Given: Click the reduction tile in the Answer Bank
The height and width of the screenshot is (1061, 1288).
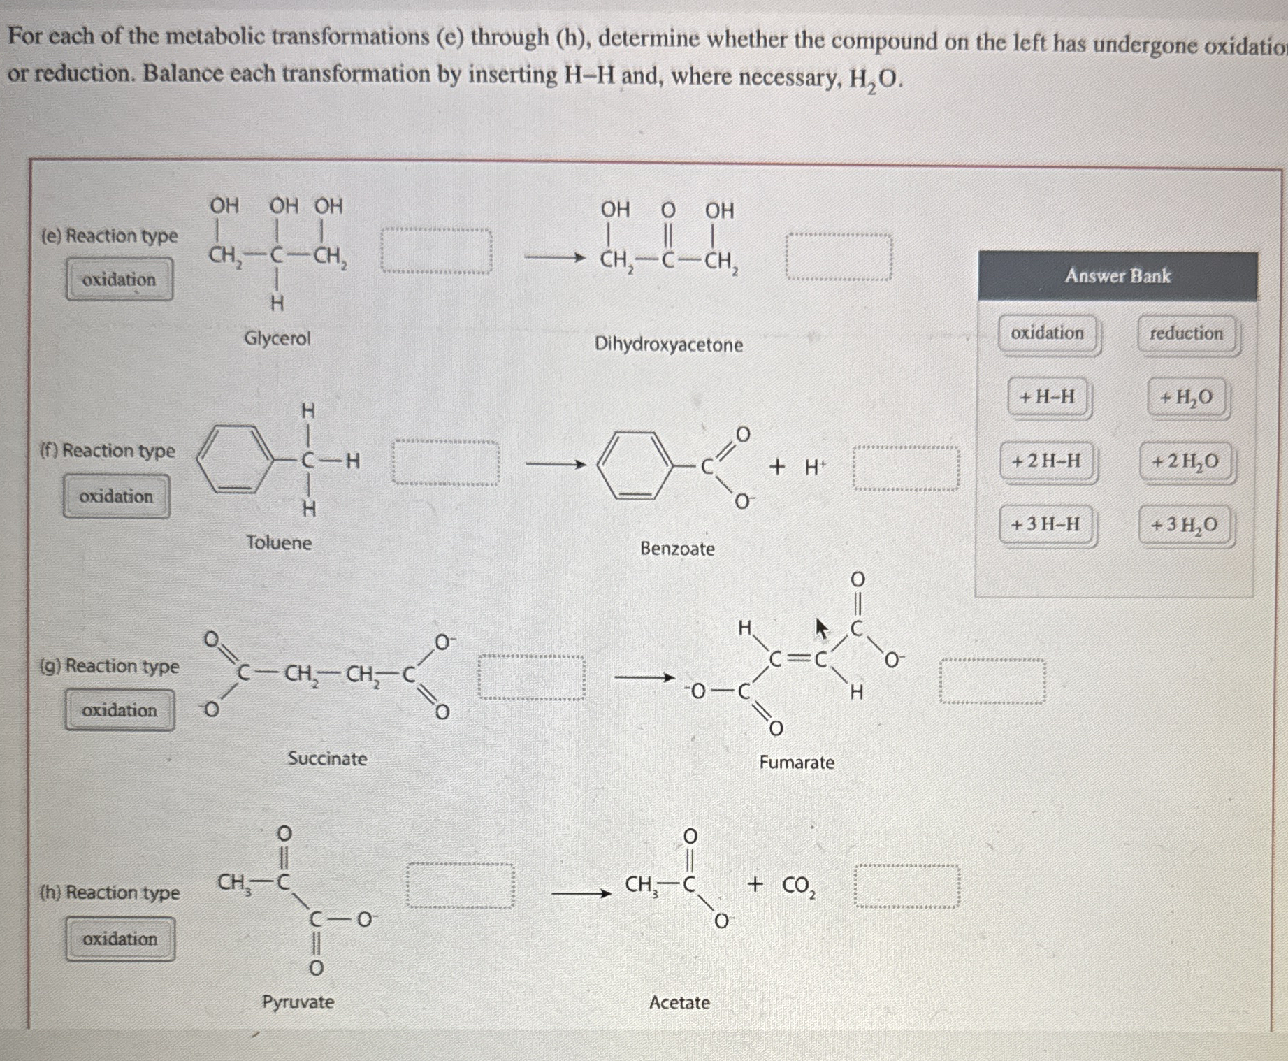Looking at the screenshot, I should click(x=1187, y=334).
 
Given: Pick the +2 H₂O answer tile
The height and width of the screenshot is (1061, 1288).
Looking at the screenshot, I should click(x=1185, y=461).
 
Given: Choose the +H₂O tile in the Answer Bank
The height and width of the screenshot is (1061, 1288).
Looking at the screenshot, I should click(x=1187, y=398).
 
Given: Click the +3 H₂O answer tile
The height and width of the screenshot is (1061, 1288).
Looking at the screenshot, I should click(x=1185, y=525).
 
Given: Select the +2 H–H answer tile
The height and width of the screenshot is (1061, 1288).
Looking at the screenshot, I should click(x=1046, y=461).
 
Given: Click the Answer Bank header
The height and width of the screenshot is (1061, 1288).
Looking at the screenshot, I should click(x=1117, y=276).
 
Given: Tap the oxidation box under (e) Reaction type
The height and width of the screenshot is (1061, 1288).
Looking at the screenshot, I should click(x=120, y=280).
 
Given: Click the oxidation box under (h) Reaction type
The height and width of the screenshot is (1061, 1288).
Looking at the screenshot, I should click(x=120, y=939).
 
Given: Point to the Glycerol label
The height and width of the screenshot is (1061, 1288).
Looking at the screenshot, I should click(x=277, y=339).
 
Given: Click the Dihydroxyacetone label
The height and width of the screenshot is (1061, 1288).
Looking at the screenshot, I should click(x=668, y=345).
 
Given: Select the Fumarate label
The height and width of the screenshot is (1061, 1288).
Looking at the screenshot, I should click(x=797, y=763).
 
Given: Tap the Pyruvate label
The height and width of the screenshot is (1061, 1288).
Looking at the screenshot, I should click(x=298, y=1002).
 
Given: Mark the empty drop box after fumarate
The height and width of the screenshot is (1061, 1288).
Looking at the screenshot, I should click(x=992, y=680).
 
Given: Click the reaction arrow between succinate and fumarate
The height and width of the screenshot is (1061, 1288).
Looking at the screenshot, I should click(x=644, y=677).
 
